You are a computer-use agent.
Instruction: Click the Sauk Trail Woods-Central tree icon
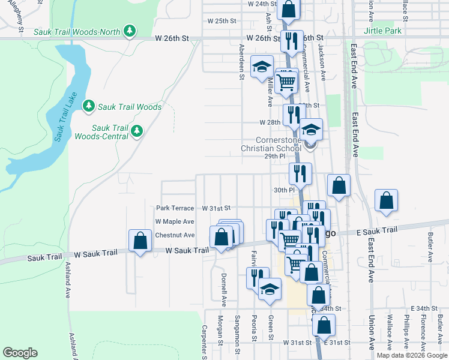click(x=137, y=130)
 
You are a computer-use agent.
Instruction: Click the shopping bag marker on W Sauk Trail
click(x=140, y=242)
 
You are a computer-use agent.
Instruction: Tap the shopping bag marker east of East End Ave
click(x=386, y=202)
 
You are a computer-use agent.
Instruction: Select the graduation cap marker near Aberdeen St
click(x=262, y=67)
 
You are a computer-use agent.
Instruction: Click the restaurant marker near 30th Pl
click(x=299, y=173)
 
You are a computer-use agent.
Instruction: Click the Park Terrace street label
click(x=175, y=208)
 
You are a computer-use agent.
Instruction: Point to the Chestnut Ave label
click(x=175, y=235)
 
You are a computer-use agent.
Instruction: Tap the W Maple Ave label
click(x=175, y=221)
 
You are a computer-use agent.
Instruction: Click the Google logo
click(x=20, y=352)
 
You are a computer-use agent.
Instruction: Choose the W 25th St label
click(x=221, y=20)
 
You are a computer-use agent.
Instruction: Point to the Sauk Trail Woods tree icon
click(x=89, y=106)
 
